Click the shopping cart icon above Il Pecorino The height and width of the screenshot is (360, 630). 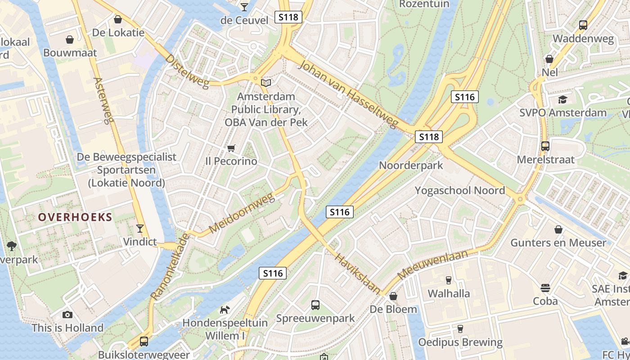click(x=231, y=148)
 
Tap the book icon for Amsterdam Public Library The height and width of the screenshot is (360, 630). click(x=266, y=83)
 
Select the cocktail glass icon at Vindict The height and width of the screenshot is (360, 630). click(x=140, y=229)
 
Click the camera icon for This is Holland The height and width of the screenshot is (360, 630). click(x=67, y=315)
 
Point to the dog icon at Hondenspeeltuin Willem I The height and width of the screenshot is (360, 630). click(x=225, y=310)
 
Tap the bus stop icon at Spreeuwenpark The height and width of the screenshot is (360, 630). click(x=315, y=305)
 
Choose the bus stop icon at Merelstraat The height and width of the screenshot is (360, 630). click(x=545, y=146)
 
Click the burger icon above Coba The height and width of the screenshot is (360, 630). click(x=545, y=288)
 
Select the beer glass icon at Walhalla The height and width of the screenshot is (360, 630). click(x=448, y=280)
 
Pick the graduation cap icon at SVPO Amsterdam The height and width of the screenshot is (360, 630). click(x=562, y=99)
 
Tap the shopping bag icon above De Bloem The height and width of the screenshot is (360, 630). click(x=393, y=296)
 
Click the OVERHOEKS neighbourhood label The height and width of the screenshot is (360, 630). click(x=75, y=217)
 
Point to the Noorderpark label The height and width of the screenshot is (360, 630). click(x=411, y=165)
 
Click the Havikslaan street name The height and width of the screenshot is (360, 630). click(x=358, y=273)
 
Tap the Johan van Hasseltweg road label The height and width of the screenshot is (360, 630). click(x=349, y=94)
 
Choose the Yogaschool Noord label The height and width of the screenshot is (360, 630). click(x=459, y=190)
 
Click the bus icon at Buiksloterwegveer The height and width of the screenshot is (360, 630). click(x=144, y=342)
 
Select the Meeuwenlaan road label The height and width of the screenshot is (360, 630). click(x=432, y=265)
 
